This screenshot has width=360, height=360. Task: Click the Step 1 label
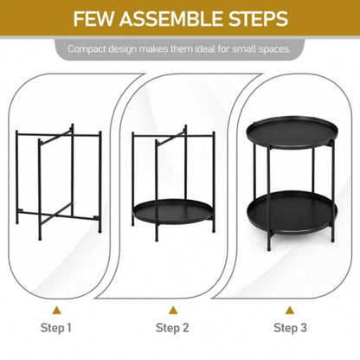pyautogui.click(x=57, y=327)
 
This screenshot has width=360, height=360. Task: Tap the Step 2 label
pyautogui.click(x=172, y=327)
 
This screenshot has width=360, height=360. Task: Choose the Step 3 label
pyautogui.click(x=291, y=327)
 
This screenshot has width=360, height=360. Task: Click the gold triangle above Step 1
pyautogui.click(x=57, y=309)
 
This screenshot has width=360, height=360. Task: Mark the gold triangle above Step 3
pyautogui.click(x=291, y=309)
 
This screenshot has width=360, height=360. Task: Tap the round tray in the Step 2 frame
pyautogui.click(x=172, y=211)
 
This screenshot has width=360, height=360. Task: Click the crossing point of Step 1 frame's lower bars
pyautogui.click(x=57, y=207)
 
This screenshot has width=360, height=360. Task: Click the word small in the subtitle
pyautogui.click(x=236, y=49)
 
